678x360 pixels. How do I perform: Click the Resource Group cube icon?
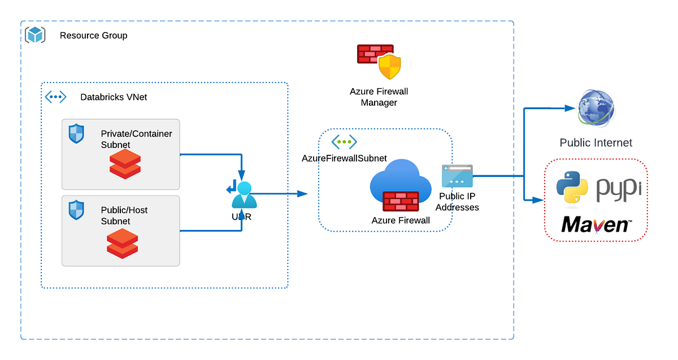35,35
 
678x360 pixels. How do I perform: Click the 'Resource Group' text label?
93,36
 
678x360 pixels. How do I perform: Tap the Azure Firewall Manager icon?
379,62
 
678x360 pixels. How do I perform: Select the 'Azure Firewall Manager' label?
379,97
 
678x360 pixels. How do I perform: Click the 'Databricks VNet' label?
114,97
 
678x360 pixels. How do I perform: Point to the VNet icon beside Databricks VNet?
55,97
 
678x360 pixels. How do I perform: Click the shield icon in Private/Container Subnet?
76,134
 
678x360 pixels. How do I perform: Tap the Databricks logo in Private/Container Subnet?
124,165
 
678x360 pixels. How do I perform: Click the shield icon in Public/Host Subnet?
76,210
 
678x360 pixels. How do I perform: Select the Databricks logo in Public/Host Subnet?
123,243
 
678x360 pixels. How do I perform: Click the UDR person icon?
243,194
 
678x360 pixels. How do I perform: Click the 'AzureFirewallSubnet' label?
344,158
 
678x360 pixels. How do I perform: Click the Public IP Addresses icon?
457,176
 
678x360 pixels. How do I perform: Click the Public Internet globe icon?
596,109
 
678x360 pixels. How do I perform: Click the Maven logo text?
596,225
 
